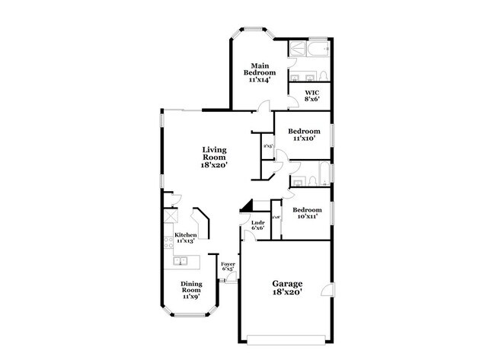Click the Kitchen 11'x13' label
click(x=185, y=237)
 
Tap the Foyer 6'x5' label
click(x=227, y=267)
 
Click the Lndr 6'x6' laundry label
click(x=257, y=225)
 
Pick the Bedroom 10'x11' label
click(x=307, y=213)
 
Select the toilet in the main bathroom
click(x=323, y=75)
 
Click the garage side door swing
click(x=327, y=289)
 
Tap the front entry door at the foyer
click(x=228, y=281)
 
